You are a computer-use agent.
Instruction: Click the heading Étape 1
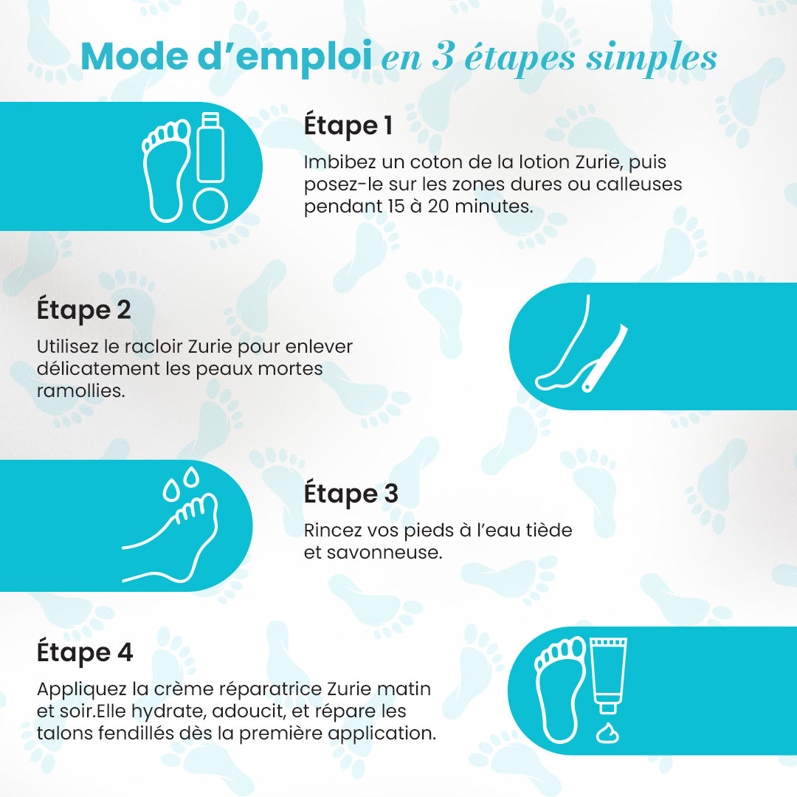pyautogui.click(x=348, y=125)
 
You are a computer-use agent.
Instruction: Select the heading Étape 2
pyautogui.click(x=83, y=310)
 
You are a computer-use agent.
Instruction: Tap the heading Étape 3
pyautogui.click(x=351, y=494)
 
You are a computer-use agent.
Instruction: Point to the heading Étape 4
pyautogui.click(x=85, y=652)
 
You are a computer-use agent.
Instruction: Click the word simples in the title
pyautogui.click(x=652, y=58)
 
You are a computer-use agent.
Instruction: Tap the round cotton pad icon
pyautogui.click(x=210, y=205)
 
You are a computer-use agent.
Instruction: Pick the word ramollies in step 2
pyautogui.click(x=80, y=390)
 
